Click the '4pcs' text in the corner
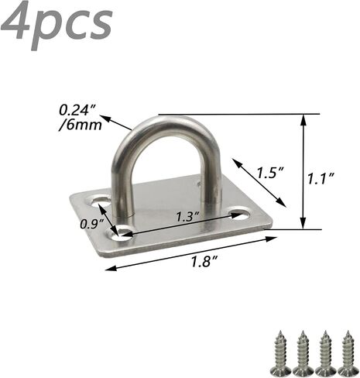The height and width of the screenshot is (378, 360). pyautogui.click(x=57, y=24)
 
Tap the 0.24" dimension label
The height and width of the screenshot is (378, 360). pyautogui.click(x=77, y=110)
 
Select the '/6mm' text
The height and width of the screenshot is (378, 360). pyautogui.click(x=81, y=125)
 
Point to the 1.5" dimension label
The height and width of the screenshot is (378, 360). pyautogui.click(x=271, y=173)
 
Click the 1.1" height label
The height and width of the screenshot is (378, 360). pyautogui.click(x=321, y=179)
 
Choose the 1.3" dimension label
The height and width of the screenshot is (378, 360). pyautogui.click(x=188, y=216)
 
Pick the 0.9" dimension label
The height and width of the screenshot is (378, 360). pyautogui.click(x=91, y=224)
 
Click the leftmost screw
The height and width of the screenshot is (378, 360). pyautogui.click(x=280, y=353)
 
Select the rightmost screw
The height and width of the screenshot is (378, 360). pyautogui.click(x=348, y=353)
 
